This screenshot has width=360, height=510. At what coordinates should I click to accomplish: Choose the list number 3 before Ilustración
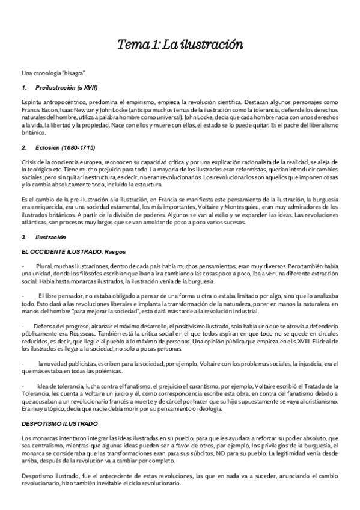(x=22, y=237)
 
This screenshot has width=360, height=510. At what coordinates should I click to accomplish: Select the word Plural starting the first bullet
(x=44, y=265)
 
